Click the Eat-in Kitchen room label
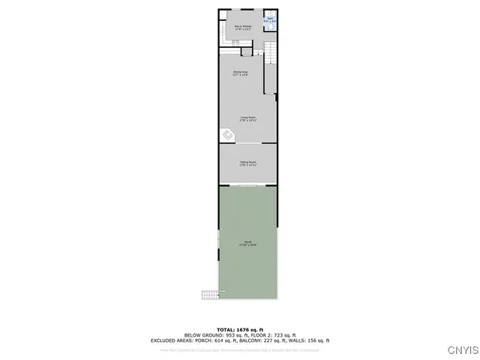click(241, 28)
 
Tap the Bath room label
click(270, 20)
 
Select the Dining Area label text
click(240, 73)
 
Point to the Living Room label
click(248, 118)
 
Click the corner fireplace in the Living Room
click(227, 135)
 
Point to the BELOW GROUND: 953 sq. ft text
click(212, 334)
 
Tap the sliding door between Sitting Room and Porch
click(248, 184)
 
